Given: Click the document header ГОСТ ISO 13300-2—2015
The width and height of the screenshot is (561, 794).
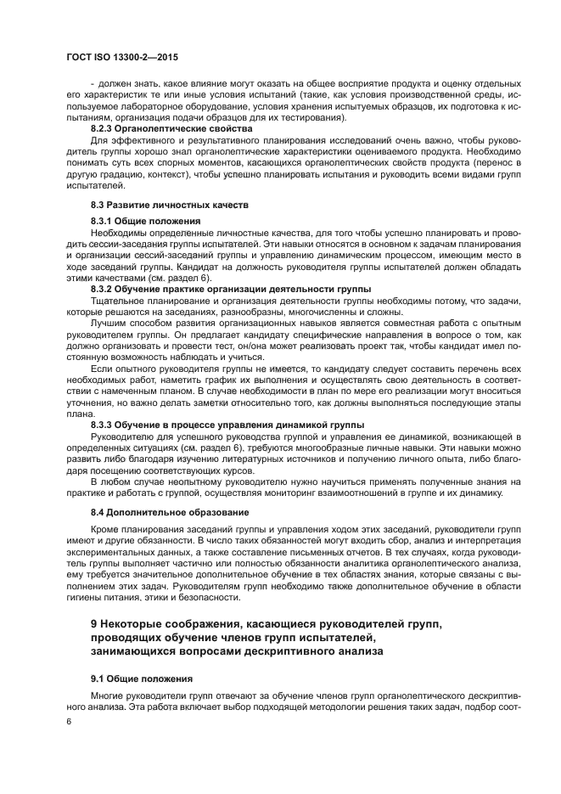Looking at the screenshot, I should point(126,57).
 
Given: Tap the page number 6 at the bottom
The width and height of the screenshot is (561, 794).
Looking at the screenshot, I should point(69,720).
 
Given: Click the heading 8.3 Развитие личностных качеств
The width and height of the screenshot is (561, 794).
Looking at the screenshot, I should point(157,206).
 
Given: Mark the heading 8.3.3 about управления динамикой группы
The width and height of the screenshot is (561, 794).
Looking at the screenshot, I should point(227,424).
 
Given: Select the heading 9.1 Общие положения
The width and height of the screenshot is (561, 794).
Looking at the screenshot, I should point(142,679).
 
